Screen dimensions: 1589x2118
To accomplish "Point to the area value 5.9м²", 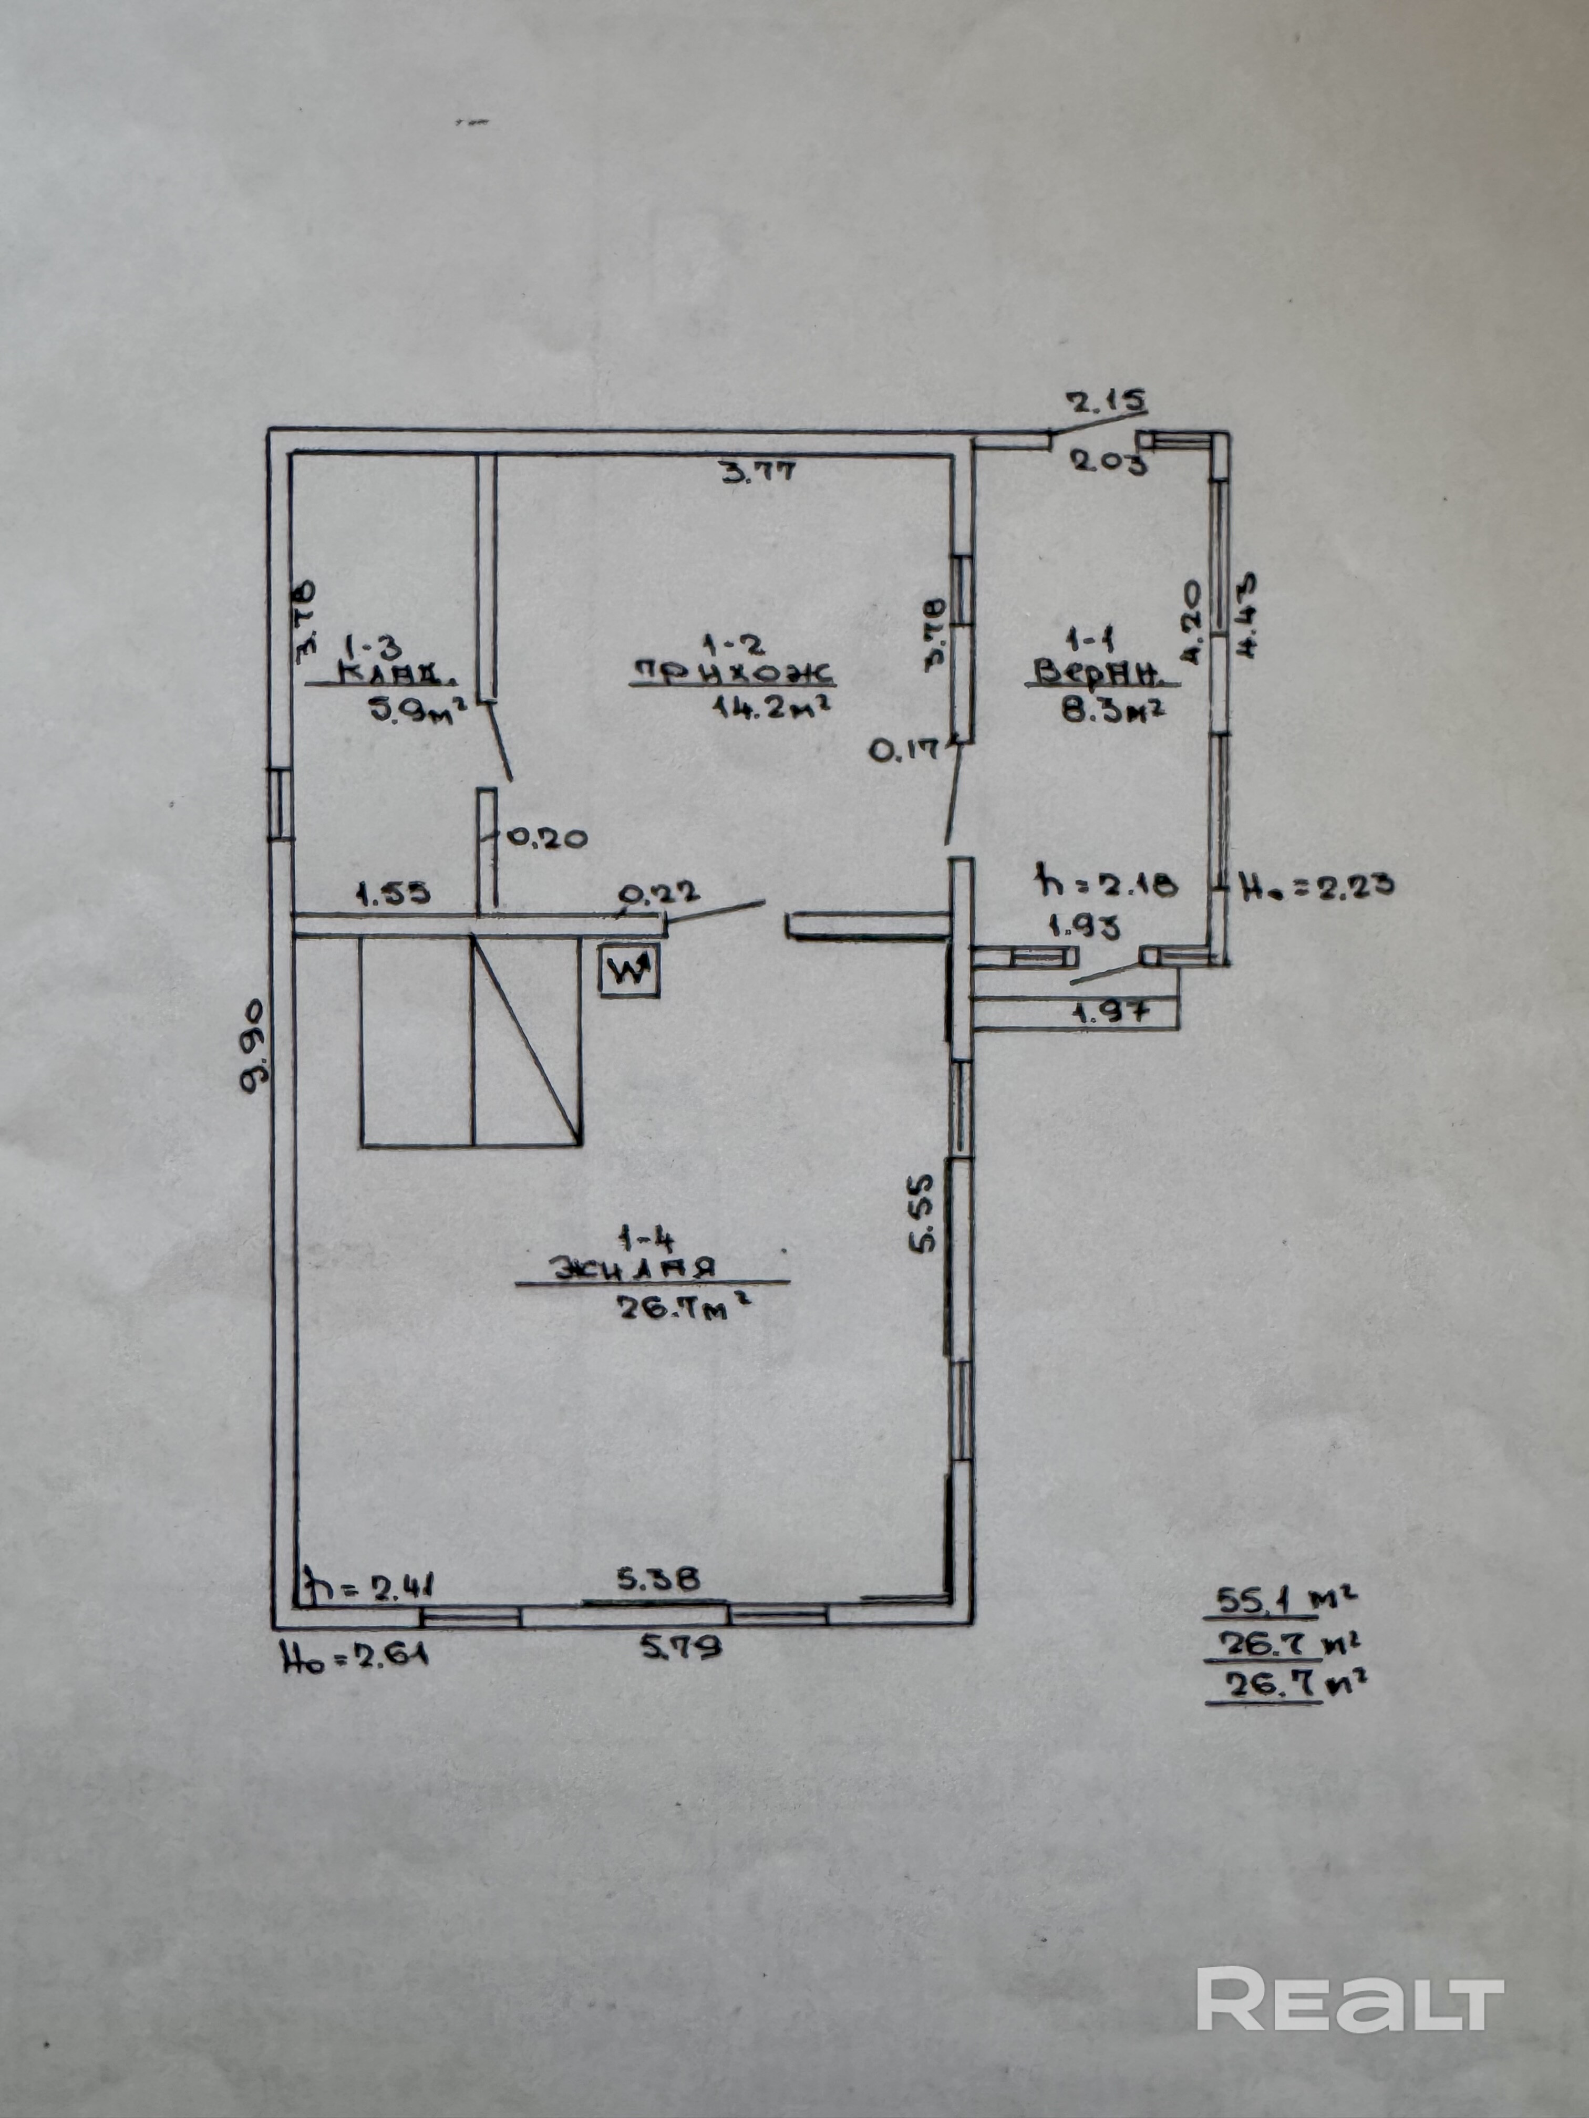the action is pyautogui.click(x=417, y=711).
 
